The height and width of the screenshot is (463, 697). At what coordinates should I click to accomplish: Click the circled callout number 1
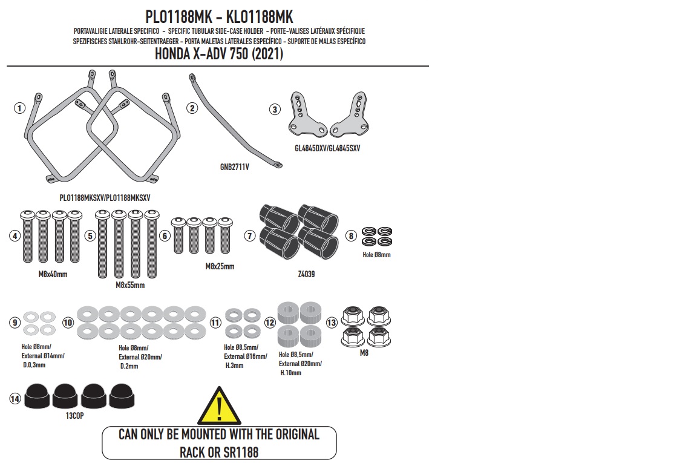[19, 108]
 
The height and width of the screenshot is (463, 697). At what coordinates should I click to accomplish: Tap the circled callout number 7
[250, 235]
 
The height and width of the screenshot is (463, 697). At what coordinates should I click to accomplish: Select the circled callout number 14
[15, 398]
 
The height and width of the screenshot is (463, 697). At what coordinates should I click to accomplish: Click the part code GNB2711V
[235, 167]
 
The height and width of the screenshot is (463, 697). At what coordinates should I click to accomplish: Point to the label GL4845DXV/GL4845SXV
[327, 148]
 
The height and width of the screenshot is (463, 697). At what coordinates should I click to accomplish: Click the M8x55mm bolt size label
[130, 285]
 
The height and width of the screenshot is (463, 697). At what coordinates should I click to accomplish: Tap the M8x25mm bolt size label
[220, 266]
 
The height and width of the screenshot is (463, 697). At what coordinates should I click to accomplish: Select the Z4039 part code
[306, 274]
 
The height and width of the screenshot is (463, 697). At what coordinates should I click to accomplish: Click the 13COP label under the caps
[74, 416]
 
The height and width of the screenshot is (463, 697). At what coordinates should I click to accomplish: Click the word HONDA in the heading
[172, 54]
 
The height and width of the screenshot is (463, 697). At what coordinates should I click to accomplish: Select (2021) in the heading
[267, 54]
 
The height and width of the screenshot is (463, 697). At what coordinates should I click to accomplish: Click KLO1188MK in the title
[260, 18]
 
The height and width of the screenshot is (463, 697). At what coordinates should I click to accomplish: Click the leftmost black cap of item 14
[38, 396]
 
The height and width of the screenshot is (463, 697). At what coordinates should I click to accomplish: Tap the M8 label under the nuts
[364, 353]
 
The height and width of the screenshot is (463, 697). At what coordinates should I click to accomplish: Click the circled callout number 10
[68, 323]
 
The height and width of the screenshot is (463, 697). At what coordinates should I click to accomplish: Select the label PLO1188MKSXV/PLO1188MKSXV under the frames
[105, 198]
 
